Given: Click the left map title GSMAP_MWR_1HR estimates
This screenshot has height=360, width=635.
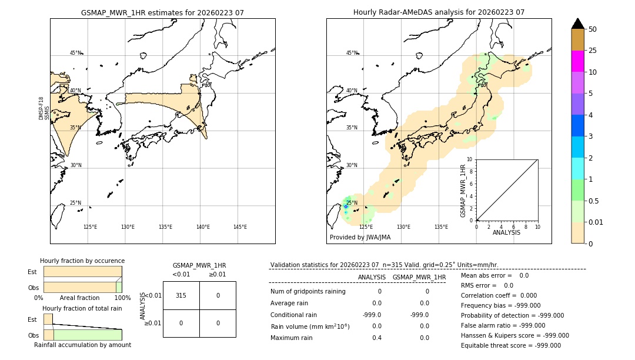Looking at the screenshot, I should pos(162,12).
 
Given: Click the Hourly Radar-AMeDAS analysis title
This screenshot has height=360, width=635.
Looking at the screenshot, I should pos(439,12).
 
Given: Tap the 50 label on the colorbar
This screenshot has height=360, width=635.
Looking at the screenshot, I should pos(593,29).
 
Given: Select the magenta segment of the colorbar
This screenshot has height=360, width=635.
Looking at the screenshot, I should pos(577,61).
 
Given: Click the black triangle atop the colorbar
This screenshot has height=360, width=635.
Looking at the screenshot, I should pos(577,24).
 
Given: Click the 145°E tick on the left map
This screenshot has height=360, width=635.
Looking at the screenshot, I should pos(240,227).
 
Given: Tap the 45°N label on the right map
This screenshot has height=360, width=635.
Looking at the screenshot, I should pos(352,53).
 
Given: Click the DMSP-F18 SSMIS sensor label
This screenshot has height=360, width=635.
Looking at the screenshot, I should pos(44,108).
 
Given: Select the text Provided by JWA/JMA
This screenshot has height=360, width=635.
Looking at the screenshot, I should pos(360,237).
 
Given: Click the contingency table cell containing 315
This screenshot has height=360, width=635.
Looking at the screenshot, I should pos(181,295).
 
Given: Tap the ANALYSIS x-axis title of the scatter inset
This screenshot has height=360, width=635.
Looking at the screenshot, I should pos(506,232).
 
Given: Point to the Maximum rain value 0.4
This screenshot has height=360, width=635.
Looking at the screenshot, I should pos(376,338).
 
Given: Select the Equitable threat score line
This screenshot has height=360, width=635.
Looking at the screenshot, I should pos(510,345).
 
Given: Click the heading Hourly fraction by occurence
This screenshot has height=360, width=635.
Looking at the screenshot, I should pos(82,261).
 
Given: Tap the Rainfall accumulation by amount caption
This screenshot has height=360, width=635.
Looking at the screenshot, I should pos(82,345).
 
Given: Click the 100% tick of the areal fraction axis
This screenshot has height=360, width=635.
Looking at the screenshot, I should pos(122,298).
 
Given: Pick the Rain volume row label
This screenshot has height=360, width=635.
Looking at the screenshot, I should pos(310,326).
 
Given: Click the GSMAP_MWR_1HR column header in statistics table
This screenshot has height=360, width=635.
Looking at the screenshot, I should pos(419,277).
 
